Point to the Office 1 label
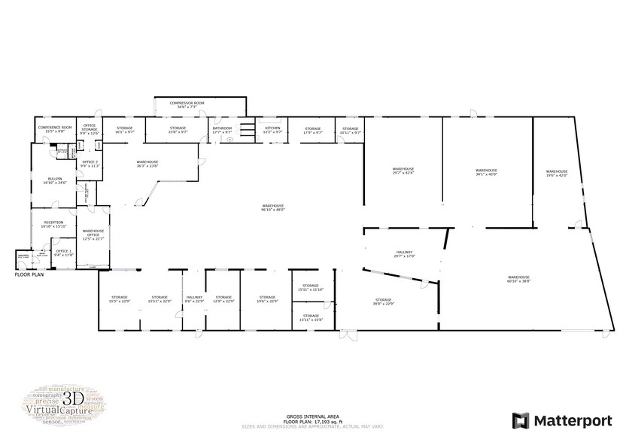[x=64, y=253]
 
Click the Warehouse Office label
[x=93, y=233]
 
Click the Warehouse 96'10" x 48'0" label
[x=272, y=207]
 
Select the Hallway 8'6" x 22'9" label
[x=194, y=299]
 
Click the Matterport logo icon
[x=521, y=419]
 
